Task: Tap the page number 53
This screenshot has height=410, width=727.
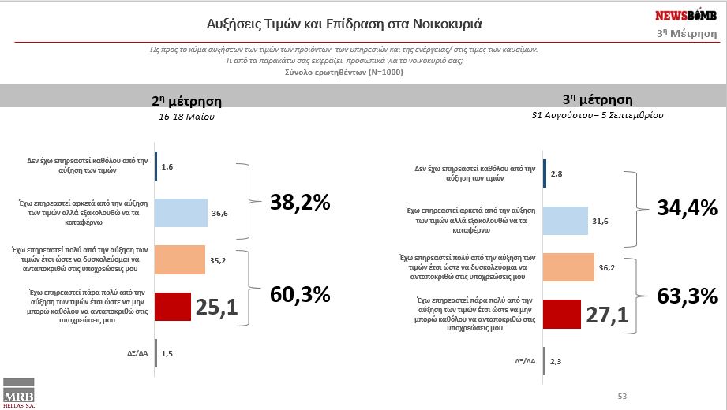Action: pos(622,395)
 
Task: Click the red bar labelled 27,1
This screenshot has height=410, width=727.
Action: pos(562,315)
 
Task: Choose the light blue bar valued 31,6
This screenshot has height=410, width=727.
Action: pos(566,222)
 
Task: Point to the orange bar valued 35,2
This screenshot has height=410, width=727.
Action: pos(180,259)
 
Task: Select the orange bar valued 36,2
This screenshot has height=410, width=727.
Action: pos(569,267)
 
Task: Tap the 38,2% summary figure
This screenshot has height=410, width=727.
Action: pos(300,203)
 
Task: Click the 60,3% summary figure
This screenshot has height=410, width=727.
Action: pos(300,295)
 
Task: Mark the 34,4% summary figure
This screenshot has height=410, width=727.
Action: pos(688,208)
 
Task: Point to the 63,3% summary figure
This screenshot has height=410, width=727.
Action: pos(688,296)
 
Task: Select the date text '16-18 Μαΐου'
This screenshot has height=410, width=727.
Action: pos(186,117)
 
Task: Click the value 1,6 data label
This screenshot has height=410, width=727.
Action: pos(167,167)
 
